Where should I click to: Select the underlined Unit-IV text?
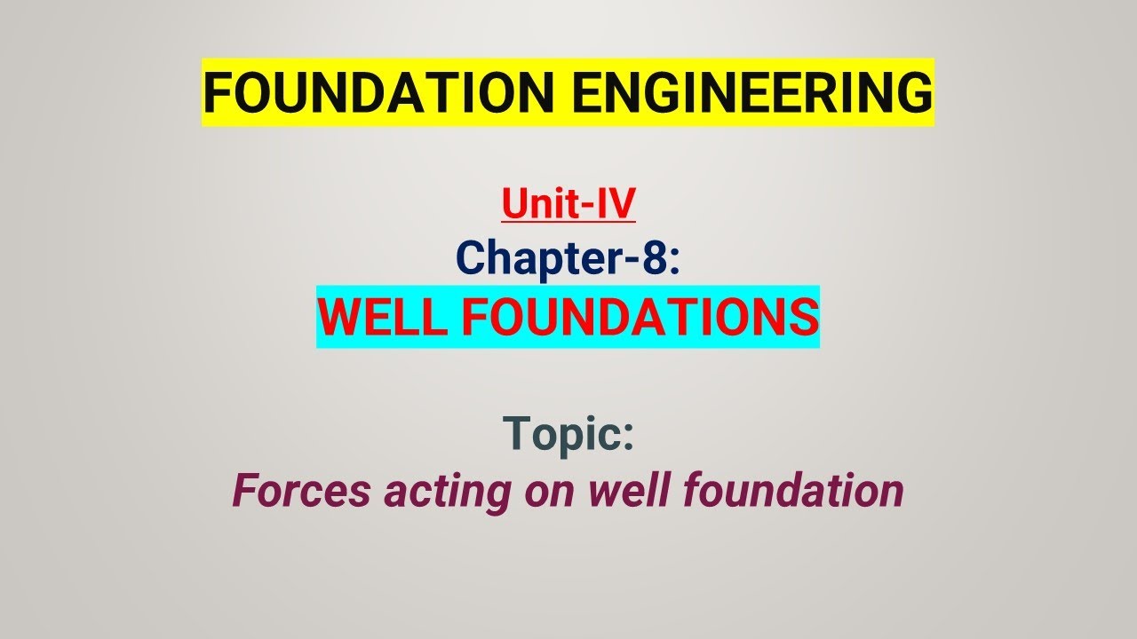coord(568,203)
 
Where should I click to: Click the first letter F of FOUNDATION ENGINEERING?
coord(216,92)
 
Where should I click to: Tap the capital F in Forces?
coord(243,491)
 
